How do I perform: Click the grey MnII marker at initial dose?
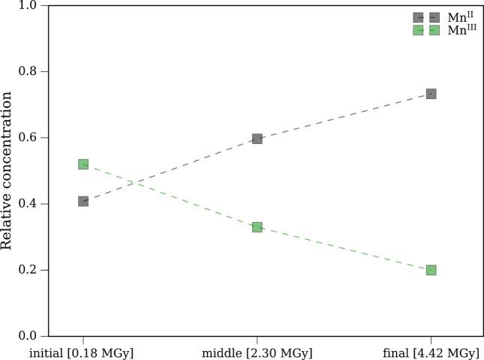click(x=83, y=201)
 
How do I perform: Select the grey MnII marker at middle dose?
click(x=257, y=139)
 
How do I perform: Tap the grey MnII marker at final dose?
click(x=431, y=94)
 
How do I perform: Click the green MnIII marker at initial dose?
click(x=83, y=164)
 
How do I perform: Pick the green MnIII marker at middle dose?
click(x=257, y=226)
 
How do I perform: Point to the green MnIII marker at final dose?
click(x=431, y=270)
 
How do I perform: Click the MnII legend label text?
click(x=458, y=16)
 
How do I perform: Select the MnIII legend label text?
click(x=460, y=30)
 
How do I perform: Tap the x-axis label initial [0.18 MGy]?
click(x=83, y=352)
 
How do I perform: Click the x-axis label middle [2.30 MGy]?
click(x=257, y=352)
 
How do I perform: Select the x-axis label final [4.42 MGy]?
click(x=431, y=352)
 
